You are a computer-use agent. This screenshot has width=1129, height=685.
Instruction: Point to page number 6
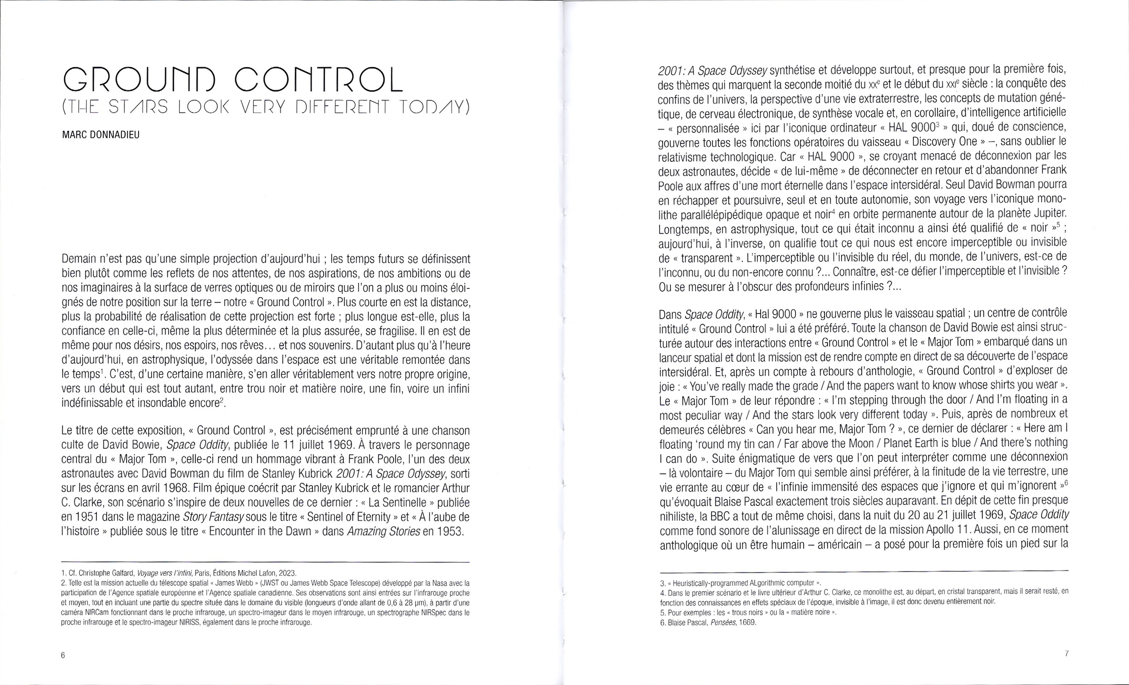(63, 655)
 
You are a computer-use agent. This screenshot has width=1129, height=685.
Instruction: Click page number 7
(1067, 654)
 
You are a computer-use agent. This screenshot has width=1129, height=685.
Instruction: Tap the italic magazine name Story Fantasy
(213, 517)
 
